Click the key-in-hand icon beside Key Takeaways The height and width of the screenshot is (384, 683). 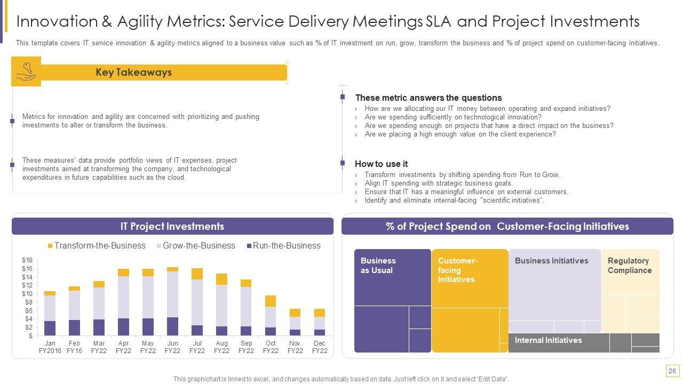click(26, 72)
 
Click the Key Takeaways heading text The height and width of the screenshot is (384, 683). click(133, 73)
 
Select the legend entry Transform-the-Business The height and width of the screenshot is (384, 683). click(99, 246)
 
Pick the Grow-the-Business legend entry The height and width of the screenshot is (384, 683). click(198, 246)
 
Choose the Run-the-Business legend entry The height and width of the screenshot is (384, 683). click(286, 246)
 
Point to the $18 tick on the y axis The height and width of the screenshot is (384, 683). click(27, 260)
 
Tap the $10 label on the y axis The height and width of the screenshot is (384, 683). click(27, 294)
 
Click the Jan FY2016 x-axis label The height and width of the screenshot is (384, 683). click(50, 347)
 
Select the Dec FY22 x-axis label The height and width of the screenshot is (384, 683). click(320, 347)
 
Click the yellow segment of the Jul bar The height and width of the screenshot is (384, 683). click(197, 274)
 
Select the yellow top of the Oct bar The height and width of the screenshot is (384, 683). click(271, 301)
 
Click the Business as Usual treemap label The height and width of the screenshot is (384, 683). click(378, 266)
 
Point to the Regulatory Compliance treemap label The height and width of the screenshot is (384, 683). click(630, 266)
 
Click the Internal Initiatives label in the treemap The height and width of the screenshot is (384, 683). click(548, 340)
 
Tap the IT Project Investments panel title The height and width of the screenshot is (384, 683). click(172, 227)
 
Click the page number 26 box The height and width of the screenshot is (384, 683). click(672, 371)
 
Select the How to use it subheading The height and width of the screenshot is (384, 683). click(381, 164)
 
